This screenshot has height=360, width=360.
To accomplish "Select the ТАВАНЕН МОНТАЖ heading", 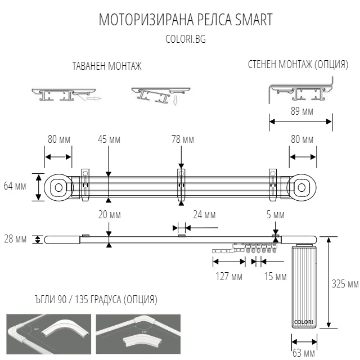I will tap(107, 66).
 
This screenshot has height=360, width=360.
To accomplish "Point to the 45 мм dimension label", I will tap(109, 139).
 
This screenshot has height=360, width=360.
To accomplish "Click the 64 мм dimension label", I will tap(15, 186).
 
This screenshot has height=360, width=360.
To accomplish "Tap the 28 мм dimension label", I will tap(15, 239).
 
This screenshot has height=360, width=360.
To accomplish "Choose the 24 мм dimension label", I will tap(204, 214).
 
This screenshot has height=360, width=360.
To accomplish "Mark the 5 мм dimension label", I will tap(276, 214).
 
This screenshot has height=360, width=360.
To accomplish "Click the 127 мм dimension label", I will tap(229, 276).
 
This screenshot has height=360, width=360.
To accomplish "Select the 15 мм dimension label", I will tap(275, 276).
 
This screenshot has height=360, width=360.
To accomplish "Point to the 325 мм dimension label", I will tap(345, 283).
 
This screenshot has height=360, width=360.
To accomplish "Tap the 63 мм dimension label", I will tap(304, 353).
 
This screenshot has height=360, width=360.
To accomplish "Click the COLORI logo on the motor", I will tap(304, 322).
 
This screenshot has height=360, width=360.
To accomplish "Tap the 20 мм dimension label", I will tap(109, 214).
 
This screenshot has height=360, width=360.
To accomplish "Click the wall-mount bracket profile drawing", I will tap(301, 90).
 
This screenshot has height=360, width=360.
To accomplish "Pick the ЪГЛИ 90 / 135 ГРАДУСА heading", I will tap(82, 299).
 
